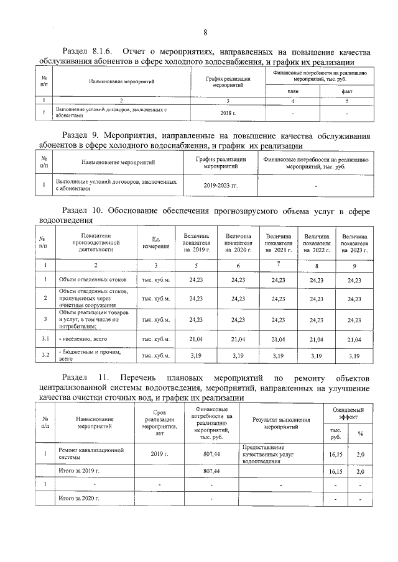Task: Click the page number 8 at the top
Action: (x=205, y=32)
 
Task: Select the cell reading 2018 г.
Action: (x=228, y=112)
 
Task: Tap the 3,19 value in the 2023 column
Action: (x=354, y=356)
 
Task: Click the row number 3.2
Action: (x=45, y=356)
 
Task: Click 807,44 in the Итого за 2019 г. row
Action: (x=212, y=472)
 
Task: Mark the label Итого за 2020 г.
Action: (x=79, y=498)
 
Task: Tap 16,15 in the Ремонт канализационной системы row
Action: (x=335, y=454)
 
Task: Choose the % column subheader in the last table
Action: (x=359, y=433)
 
